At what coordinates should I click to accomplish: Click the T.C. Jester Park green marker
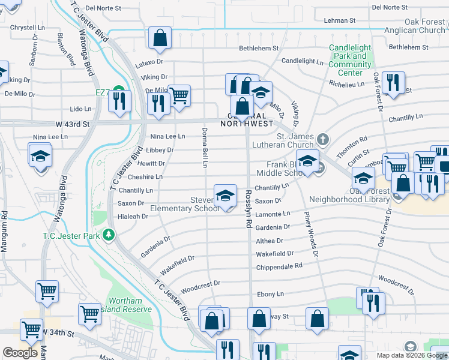point(109,235)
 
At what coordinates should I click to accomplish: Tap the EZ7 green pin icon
point(119,92)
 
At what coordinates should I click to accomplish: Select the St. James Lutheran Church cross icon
point(323,140)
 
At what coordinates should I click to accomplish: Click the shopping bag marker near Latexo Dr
point(160,38)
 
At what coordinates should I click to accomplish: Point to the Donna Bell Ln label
point(205,147)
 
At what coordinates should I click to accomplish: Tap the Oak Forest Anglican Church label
point(416,26)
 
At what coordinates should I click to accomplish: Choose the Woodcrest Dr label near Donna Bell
point(200,284)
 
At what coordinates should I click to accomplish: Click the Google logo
point(20,353)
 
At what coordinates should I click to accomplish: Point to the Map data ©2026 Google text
point(411,355)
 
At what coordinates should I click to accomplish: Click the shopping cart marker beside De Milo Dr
point(179,94)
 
